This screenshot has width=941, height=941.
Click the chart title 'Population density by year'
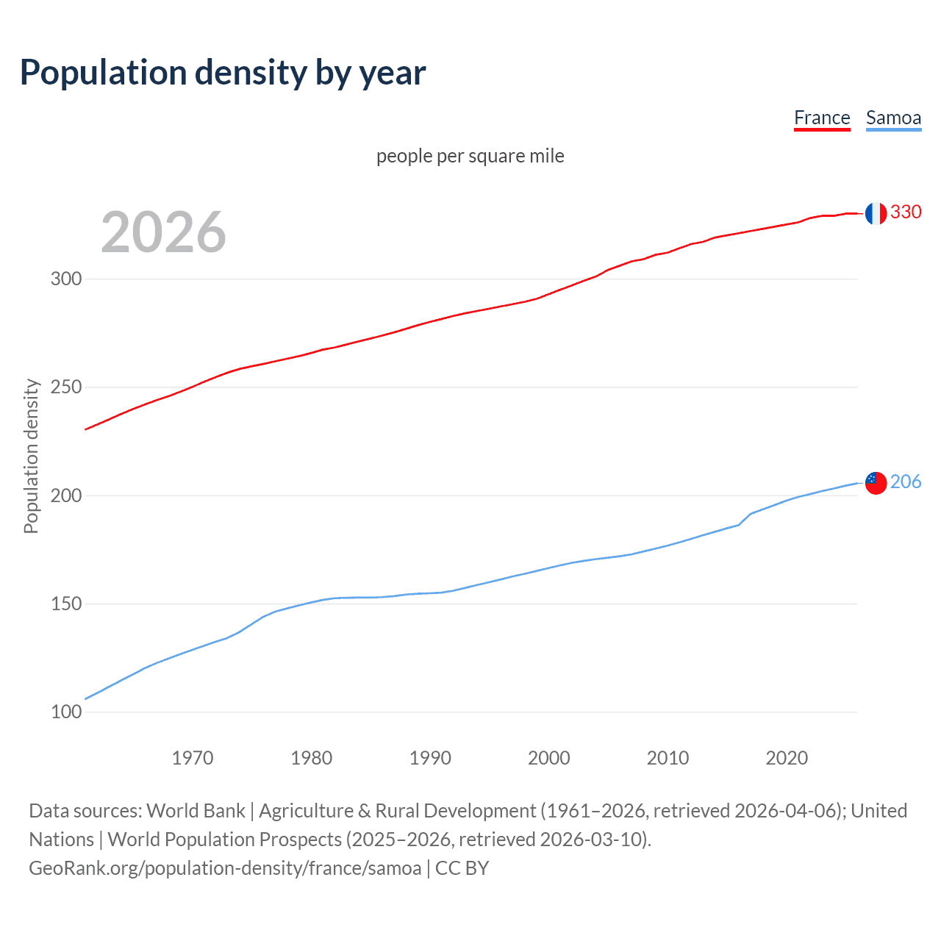[223, 73]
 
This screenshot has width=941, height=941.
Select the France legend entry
[822, 118]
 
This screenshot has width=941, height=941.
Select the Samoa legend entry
[893, 118]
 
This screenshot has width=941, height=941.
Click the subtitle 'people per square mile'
[470, 156]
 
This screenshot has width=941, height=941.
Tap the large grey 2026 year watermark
[163, 232]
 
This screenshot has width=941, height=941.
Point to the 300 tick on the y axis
[66, 279]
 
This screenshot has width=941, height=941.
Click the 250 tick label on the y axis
[66, 387]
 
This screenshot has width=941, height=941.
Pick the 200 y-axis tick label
[66, 495]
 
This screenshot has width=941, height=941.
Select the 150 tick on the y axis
[66, 604]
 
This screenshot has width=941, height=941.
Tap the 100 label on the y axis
[66, 712]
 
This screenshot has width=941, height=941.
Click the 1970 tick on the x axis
[193, 758]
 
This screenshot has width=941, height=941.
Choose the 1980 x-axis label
[312, 758]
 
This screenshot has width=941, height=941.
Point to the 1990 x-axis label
[430, 758]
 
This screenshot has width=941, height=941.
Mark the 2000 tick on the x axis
[549, 758]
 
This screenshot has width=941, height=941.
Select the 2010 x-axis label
[668, 758]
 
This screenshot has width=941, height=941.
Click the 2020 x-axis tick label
[787, 758]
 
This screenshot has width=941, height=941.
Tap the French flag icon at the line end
[875, 213]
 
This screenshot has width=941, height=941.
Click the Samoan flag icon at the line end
[875, 483]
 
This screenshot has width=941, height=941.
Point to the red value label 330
[906, 212]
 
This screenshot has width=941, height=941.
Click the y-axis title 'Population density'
[31, 456]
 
